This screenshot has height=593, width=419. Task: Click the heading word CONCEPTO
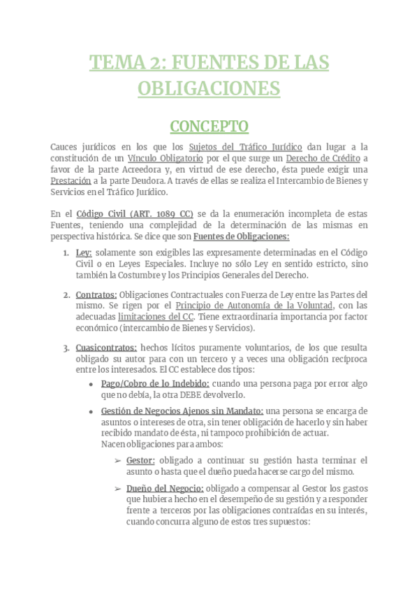click(x=209, y=127)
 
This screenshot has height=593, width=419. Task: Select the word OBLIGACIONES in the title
click(x=209, y=89)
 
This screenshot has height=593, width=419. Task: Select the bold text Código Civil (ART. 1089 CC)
click(x=134, y=213)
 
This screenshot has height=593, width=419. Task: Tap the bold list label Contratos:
click(x=96, y=295)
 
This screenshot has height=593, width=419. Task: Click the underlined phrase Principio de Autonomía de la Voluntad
click(x=255, y=306)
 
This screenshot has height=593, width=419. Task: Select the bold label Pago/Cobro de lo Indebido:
click(x=154, y=384)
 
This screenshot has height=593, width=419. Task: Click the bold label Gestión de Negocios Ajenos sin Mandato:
click(x=182, y=410)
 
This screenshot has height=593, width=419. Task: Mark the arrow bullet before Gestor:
click(x=118, y=460)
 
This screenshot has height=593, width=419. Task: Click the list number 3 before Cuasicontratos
click(x=65, y=348)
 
